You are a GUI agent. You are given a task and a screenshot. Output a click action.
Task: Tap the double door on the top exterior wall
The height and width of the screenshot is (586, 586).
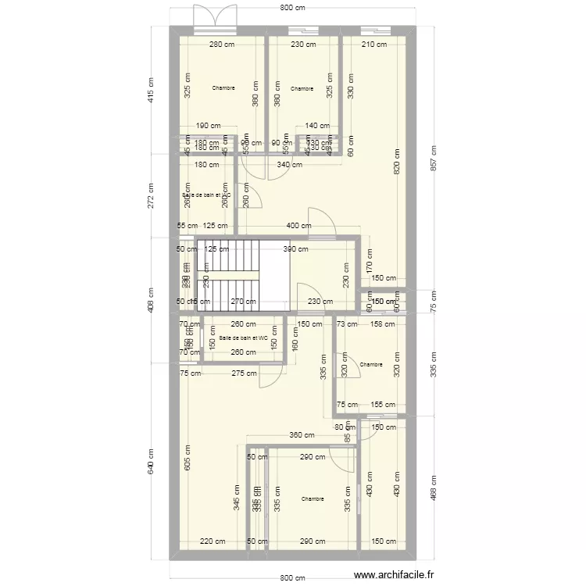click(215, 20)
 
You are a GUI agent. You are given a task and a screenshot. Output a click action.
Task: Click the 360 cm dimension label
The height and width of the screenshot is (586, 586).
click(302, 436)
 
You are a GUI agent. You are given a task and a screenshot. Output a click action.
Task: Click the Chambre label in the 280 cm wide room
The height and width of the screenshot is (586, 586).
click(223, 88)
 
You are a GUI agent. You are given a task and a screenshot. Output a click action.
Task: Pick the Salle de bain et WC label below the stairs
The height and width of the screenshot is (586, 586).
click(243, 338)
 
